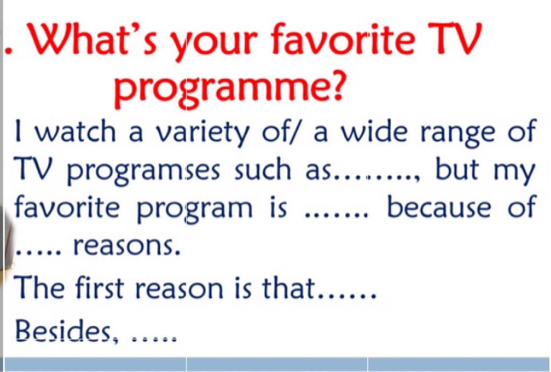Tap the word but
coord(456,168)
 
